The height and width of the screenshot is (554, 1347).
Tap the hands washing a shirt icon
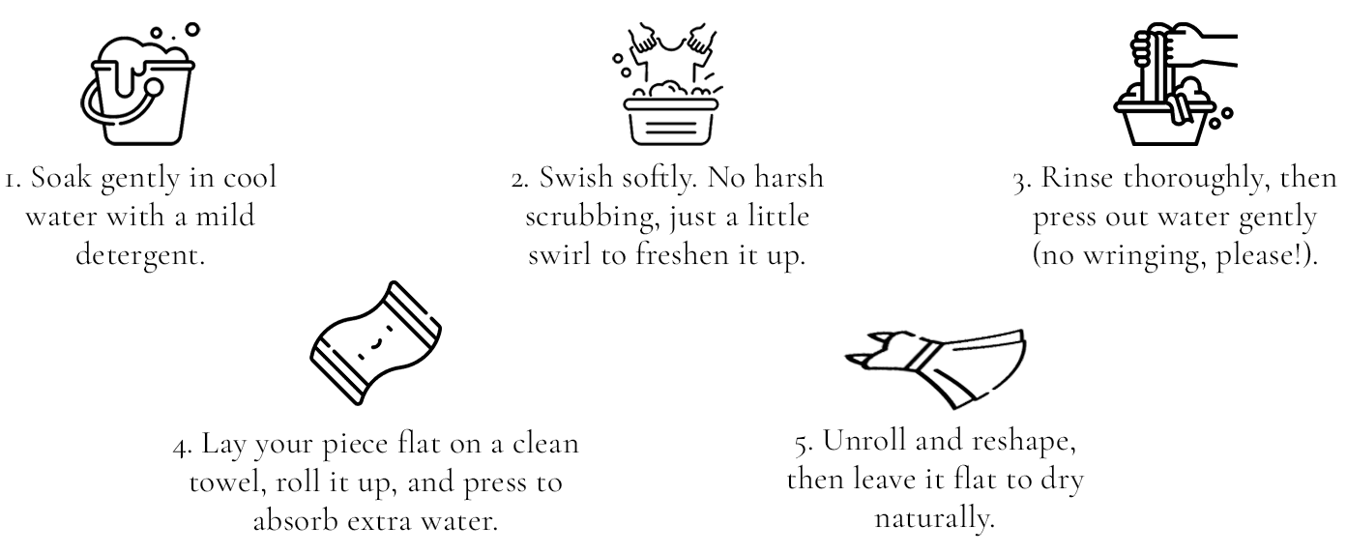pos(670,84)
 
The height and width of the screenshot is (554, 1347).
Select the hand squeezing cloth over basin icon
pos(1175,84)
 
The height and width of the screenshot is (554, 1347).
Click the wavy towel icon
pos(376,343)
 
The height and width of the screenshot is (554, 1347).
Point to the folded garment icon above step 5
pos(936,368)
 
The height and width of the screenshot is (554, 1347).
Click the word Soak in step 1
pos(61,178)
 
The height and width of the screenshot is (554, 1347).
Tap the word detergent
pos(140,255)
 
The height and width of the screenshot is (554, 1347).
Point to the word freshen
pos(683,255)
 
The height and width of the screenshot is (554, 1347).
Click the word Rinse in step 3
pos(1076,178)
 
